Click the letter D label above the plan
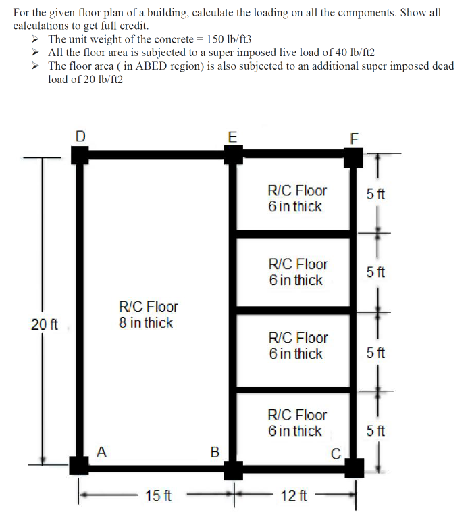pos(80,136)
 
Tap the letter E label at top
pos(233,136)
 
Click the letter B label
pos(215,451)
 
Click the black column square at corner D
pos(80,155)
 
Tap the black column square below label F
pos(352,157)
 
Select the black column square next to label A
pos(79,465)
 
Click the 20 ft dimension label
pos(44,324)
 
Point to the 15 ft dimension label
pos(158,496)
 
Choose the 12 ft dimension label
pos(294,496)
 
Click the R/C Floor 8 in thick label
pos(147,315)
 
